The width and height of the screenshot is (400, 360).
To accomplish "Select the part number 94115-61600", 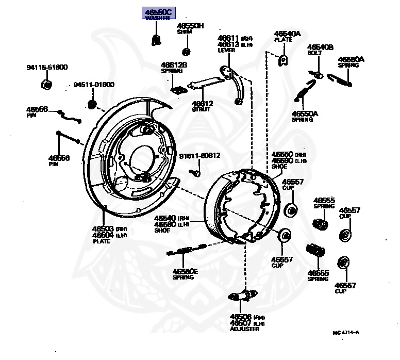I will tap(47, 68).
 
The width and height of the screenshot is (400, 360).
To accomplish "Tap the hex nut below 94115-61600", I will tap(45, 85).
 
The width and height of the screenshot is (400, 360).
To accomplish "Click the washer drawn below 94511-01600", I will tap(93, 105).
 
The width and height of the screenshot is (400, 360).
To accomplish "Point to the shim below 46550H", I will tap(187, 51).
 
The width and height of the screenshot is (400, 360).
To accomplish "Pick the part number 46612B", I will tap(173, 64).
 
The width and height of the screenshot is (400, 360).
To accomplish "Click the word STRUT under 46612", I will tap(202, 109).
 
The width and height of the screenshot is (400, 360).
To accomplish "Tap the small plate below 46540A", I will tap(282, 60).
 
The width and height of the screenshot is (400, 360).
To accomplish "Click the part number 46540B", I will tap(320, 47).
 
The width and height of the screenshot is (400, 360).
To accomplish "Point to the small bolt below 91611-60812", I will tap(196, 173).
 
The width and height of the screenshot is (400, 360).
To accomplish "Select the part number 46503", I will tap(103, 228).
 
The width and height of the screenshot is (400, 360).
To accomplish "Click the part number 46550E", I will tap(185, 271).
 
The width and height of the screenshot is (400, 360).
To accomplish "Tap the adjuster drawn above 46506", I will tap(243, 297).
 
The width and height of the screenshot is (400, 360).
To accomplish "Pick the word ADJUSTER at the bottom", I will tap(245, 329).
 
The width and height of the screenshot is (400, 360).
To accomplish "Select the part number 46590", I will tap(282, 160).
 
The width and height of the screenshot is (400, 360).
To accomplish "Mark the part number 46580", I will tap(165, 224).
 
